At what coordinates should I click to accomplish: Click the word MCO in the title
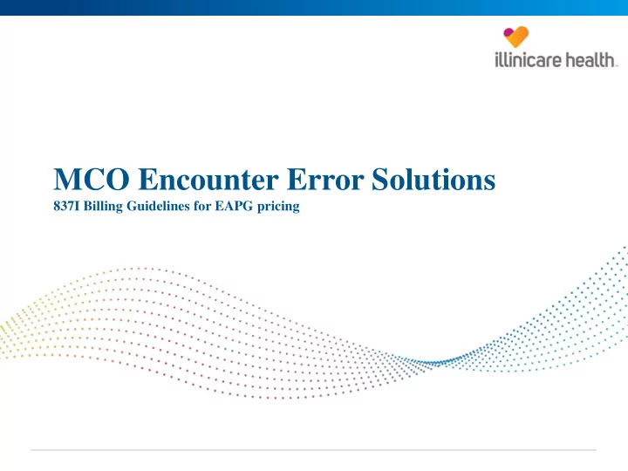click(x=92, y=179)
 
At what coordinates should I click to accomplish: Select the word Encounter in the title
click(x=208, y=179)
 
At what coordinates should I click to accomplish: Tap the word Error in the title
click(x=325, y=179)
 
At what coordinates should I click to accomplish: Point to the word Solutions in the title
click(x=433, y=179)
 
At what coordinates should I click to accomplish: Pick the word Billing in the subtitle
click(x=103, y=207)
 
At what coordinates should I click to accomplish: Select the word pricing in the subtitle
click(x=278, y=207)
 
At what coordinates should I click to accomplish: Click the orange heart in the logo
click(x=517, y=38)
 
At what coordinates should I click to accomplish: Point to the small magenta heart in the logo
click(x=509, y=32)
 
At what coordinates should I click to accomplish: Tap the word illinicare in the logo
click(x=528, y=60)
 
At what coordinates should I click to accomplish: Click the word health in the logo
click(x=590, y=60)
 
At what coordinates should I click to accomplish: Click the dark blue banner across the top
click(x=314, y=8)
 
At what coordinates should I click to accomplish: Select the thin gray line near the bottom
click(x=314, y=450)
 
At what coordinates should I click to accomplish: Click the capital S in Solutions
click(x=380, y=179)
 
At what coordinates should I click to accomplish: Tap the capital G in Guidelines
click(x=132, y=206)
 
